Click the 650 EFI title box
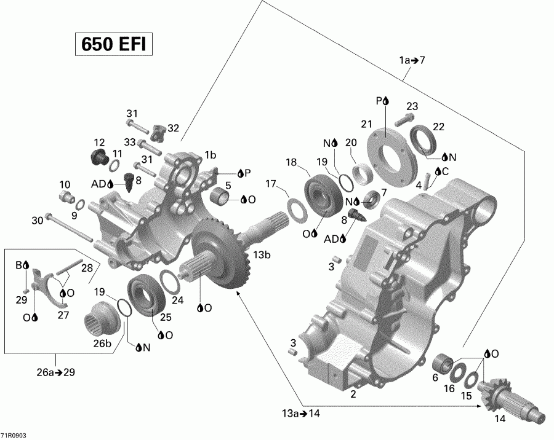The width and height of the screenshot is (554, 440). (113, 45)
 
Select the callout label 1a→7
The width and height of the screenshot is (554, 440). (412, 60)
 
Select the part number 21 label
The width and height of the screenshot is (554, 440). (367, 124)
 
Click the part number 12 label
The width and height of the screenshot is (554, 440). (99, 142)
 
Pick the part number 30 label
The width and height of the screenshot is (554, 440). (37, 220)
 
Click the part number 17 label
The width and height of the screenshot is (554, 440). (271, 183)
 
